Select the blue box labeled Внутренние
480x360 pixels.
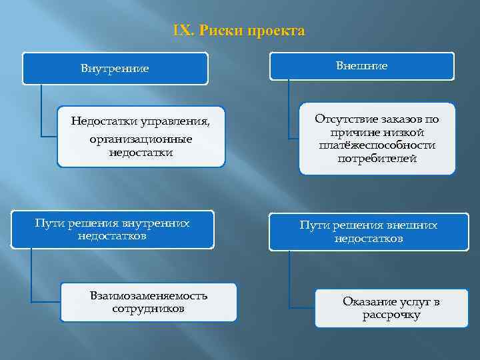(115, 69)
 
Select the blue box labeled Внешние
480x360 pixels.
(362, 66)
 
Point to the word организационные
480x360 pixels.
(141, 139)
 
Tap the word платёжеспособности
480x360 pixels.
(377, 145)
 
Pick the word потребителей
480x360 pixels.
(377, 159)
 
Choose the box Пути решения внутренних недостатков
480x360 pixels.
(112, 230)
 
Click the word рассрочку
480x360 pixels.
(391, 315)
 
